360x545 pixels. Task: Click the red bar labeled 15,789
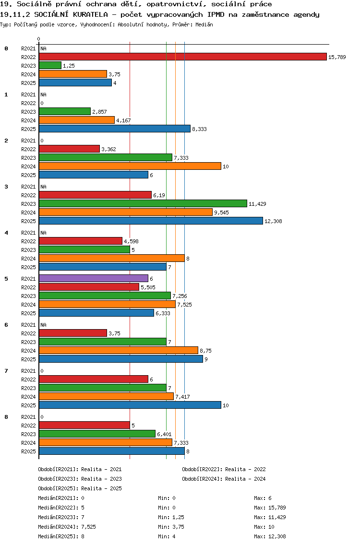182,57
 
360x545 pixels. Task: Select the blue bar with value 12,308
151,221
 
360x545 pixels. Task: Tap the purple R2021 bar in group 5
93,278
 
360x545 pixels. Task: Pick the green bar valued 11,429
143,203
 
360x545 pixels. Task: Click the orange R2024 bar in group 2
130,166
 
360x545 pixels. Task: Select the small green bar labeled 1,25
50,65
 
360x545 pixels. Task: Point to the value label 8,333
199,129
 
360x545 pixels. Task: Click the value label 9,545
222,212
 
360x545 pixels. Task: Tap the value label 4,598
131,241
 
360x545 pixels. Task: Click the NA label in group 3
43,186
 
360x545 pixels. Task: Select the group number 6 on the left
6,325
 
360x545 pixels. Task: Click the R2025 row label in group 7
28,405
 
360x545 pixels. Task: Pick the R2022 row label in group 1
28,103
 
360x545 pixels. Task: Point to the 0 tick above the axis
39,39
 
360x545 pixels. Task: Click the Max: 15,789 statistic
270,508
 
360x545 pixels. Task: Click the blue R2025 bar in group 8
111,451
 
